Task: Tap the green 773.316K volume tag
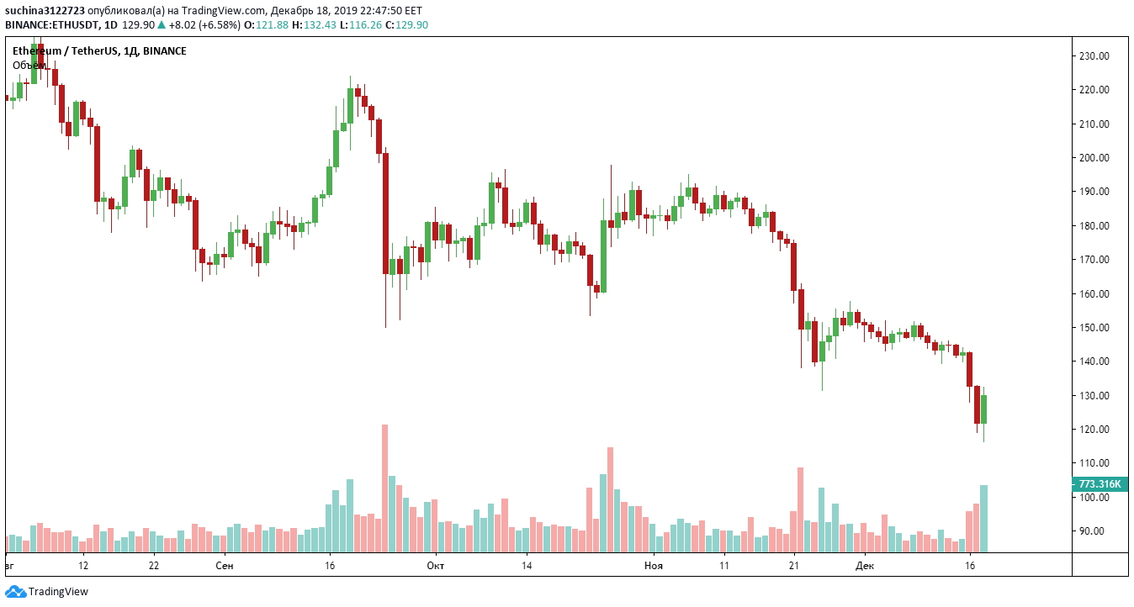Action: (x=1100, y=484)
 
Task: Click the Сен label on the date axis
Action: (x=225, y=566)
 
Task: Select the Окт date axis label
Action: (x=435, y=566)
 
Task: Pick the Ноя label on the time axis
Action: (x=654, y=566)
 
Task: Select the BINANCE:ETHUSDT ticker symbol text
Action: (x=51, y=24)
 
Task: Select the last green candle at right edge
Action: (x=983, y=409)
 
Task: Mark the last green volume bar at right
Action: (x=983, y=518)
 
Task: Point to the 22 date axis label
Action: (x=153, y=566)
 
